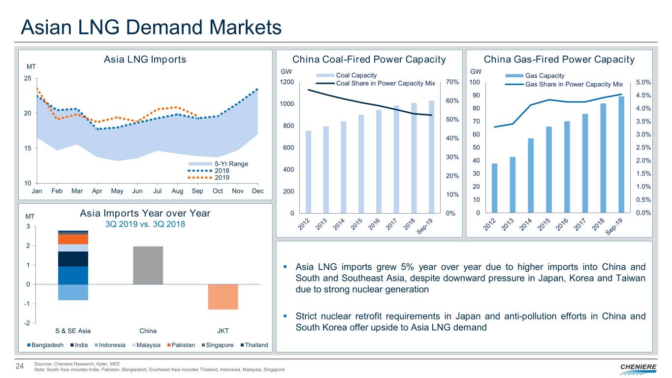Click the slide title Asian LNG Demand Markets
coord(151,27)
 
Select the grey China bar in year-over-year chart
coord(148,265)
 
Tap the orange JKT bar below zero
coord(223,297)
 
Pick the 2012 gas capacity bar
coord(494,188)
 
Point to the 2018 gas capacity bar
coord(603,157)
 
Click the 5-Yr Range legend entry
coord(219,163)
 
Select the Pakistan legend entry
coord(182,345)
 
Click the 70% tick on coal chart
coord(452,82)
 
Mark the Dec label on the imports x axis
coord(258,191)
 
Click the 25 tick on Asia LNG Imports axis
coord(28,79)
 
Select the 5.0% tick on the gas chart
coord(643,82)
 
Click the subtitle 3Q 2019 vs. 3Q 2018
coord(145,224)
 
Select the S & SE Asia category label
coord(73,331)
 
